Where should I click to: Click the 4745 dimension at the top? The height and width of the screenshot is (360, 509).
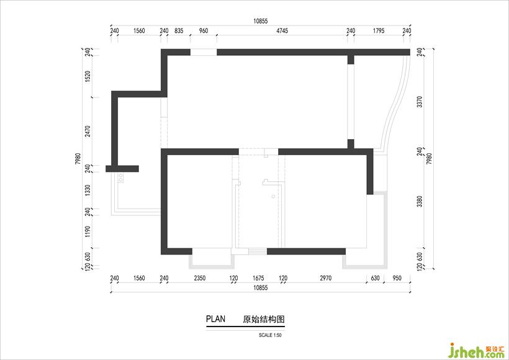(x=282, y=31)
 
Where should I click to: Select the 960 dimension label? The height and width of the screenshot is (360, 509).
(x=203, y=31)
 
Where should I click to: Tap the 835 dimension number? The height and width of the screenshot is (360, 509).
(x=179, y=31)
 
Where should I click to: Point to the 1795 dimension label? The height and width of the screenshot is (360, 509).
(x=379, y=31)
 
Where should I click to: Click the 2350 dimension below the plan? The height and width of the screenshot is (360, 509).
(x=200, y=278)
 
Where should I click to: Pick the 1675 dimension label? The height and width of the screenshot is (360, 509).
(x=258, y=278)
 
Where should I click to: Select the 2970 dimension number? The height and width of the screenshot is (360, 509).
(x=326, y=278)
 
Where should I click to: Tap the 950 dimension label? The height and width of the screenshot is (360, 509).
(x=397, y=278)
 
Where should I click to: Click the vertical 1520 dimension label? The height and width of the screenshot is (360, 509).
(x=88, y=76)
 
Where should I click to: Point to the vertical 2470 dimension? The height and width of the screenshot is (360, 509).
(x=88, y=132)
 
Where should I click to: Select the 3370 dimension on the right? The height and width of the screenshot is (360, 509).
(x=420, y=102)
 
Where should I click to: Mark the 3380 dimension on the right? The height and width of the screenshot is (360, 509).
(x=420, y=201)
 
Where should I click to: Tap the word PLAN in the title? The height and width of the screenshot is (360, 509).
(x=215, y=319)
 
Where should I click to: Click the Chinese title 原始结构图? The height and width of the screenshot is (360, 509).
(x=264, y=319)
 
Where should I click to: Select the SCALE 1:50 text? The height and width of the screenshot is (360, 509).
(x=270, y=335)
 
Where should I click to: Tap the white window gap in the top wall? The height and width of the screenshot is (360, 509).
(x=204, y=52)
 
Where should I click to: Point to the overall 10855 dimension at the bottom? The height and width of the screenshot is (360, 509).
(x=260, y=287)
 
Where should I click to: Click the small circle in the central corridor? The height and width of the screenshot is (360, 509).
(x=273, y=196)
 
